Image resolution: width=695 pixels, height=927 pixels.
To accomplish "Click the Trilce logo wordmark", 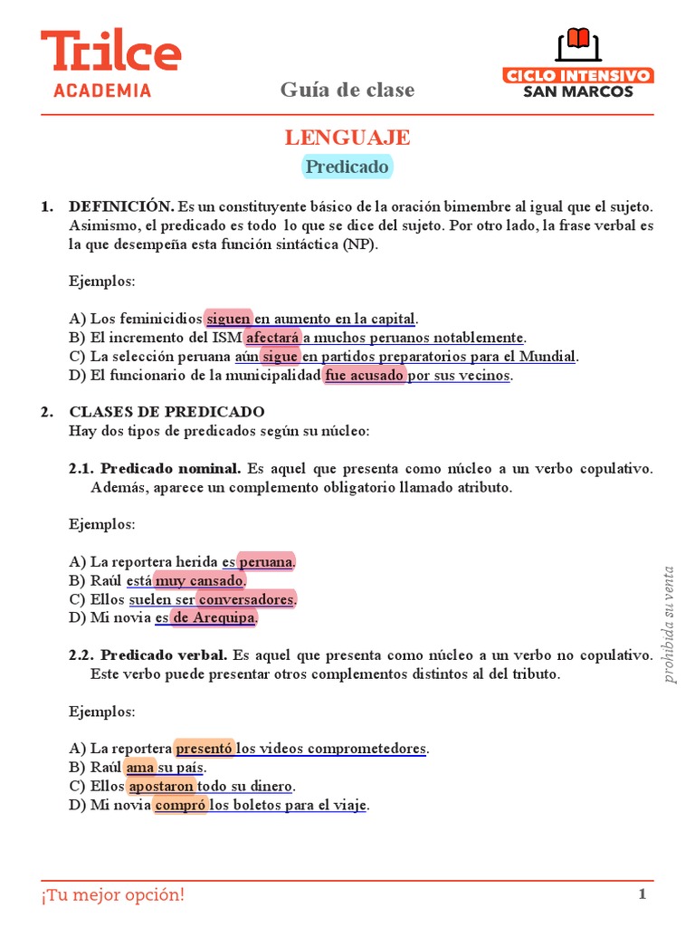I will tap(110, 53).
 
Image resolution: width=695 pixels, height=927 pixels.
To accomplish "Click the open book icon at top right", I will tap(577, 44).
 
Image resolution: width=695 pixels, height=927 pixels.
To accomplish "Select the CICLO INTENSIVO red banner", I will tap(578, 75).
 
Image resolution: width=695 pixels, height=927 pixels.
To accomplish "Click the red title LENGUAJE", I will tap(347, 138).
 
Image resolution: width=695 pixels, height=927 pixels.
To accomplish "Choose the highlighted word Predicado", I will tap(347, 167).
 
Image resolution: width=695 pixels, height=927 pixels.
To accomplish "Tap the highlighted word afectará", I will tap(272, 338).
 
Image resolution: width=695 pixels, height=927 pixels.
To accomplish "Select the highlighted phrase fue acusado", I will tap(365, 375).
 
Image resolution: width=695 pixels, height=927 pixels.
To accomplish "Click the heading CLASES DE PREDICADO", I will tap(167, 412).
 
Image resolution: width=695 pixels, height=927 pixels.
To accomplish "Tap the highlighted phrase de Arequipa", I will tap(214, 617).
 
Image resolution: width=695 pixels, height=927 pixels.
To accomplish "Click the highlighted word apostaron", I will tap(161, 786).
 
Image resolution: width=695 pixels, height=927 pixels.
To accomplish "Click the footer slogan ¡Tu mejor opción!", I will tap(112, 895).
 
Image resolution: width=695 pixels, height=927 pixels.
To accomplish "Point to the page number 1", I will tap(643, 895).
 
